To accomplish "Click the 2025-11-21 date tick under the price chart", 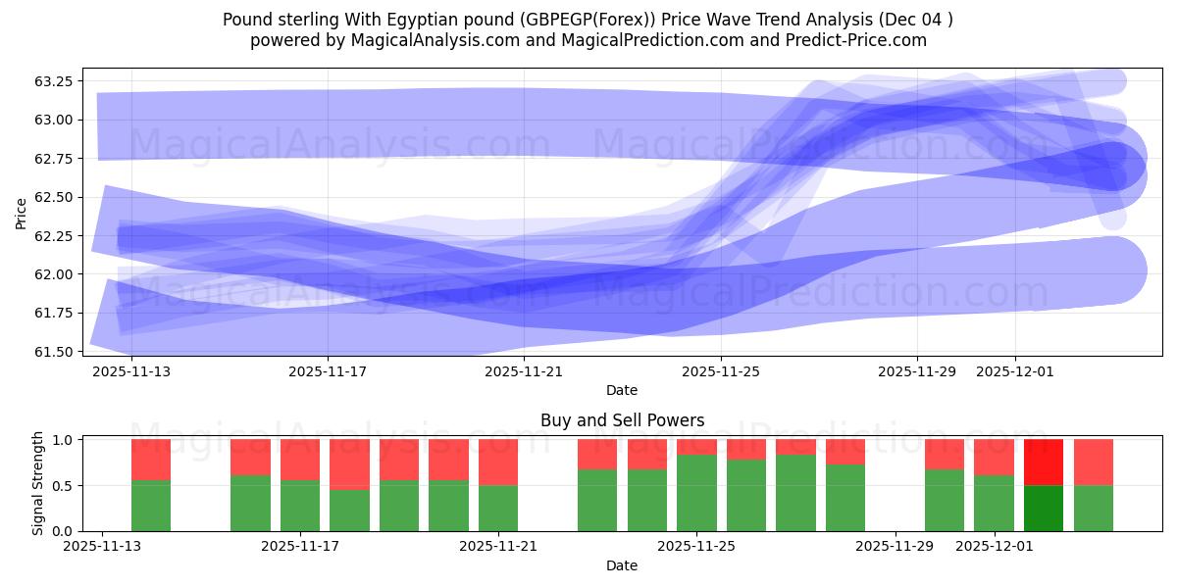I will click(525, 371).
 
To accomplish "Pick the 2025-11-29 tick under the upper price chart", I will click(917, 371).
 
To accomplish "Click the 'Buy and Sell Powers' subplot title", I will click(622, 420).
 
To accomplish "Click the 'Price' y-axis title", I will click(22, 212).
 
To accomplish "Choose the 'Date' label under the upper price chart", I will click(622, 390).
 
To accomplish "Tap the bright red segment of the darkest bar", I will click(1044, 463).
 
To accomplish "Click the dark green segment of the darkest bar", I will click(1044, 508).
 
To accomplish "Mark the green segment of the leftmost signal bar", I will click(151, 506).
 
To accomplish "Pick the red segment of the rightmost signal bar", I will click(1094, 463).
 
